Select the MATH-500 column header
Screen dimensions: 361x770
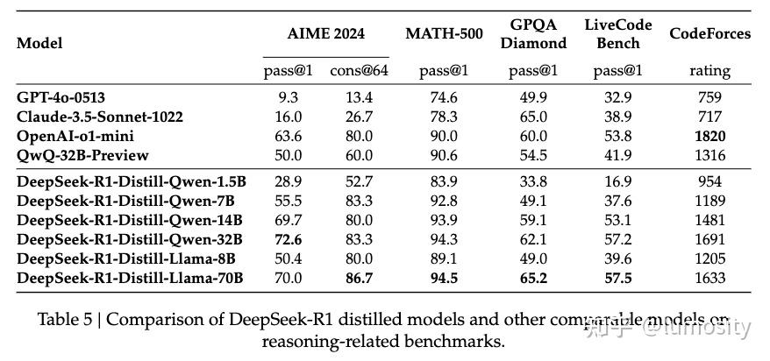point(443,34)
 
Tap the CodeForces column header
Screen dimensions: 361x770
point(709,34)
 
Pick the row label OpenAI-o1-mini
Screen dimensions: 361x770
point(75,136)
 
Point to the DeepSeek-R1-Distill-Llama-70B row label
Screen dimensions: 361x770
point(130,279)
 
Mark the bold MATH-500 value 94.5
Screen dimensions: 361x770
point(443,279)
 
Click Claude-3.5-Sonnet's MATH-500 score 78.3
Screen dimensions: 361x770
point(443,117)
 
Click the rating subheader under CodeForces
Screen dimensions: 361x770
point(709,71)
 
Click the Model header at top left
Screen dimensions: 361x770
point(39,43)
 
